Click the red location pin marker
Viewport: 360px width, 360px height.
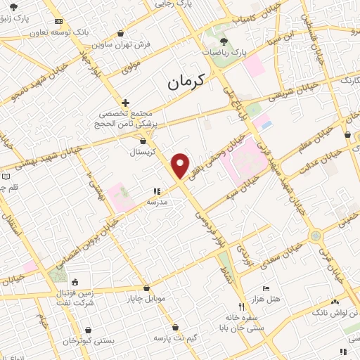click(181, 165)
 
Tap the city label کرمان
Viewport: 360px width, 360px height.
click(186, 82)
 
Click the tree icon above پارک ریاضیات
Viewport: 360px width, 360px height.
click(224, 41)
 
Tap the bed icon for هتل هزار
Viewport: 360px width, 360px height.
click(265, 288)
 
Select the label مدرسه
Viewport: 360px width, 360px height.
click(157, 201)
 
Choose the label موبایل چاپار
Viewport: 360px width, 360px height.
click(146, 298)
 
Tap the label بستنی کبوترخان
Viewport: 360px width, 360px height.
click(88, 340)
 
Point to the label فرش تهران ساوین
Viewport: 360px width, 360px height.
click(136, 44)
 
